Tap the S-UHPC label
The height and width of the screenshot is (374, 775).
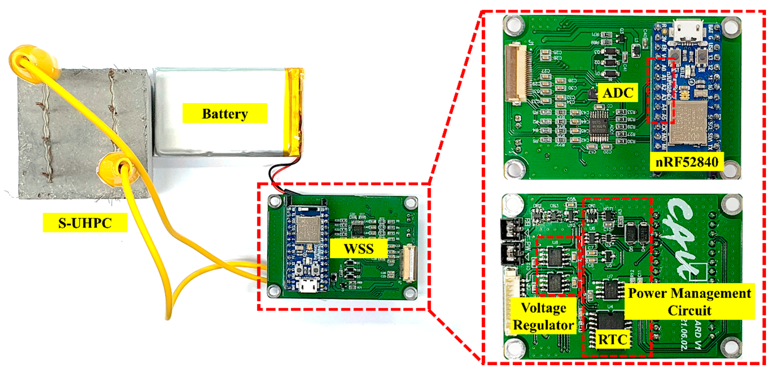(x=85, y=223)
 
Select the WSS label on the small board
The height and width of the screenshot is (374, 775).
(x=358, y=248)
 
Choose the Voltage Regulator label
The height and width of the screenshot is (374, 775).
(x=543, y=316)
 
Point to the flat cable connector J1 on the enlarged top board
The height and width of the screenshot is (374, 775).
(x=516, y=74)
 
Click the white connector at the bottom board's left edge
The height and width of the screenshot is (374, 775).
(x=511, y=301)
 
